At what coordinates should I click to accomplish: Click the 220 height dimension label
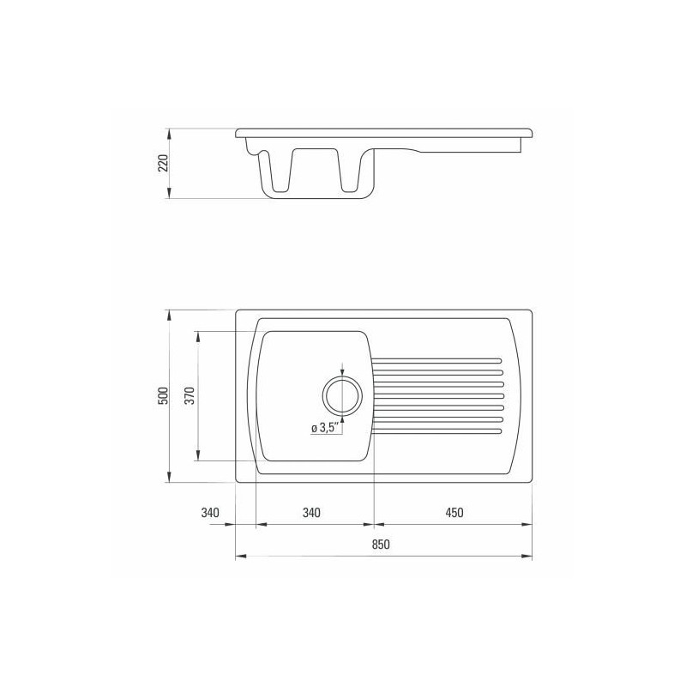tap(163, 163)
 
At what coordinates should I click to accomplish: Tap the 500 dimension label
tap(163, 395)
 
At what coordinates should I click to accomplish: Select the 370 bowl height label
tap(190, 395)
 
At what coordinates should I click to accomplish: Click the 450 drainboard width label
tap(454, 512)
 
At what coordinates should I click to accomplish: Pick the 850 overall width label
tap(381, 545)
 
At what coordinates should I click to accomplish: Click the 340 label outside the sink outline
tap(210, 512)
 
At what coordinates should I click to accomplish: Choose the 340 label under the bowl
tap(311, 512)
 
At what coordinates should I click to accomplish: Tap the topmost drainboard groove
tap(436, 361)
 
